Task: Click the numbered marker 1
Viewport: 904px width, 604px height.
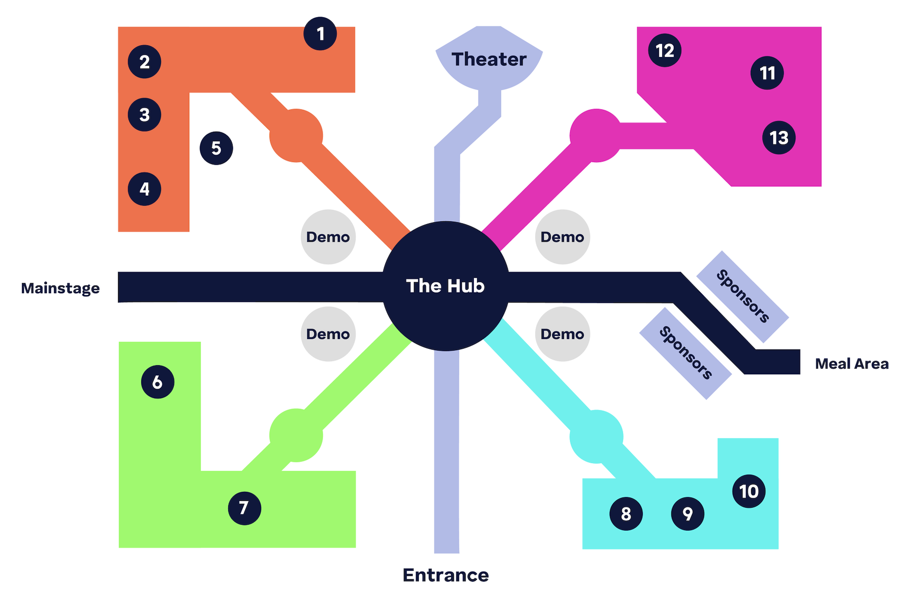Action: [320, 34]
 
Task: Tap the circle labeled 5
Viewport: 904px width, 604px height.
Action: [217, 148]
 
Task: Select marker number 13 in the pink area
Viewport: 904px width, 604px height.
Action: [779, 138]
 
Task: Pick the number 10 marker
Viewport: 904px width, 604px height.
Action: [749, 491]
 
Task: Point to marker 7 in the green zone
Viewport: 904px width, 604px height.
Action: [244, 508]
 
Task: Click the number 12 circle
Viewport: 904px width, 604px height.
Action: [665, 51]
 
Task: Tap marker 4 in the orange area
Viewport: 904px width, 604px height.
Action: [145, 189]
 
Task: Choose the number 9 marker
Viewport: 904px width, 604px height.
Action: [687, 514]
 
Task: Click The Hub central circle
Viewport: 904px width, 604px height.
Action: [446, 286]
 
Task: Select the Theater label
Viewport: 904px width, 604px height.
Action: [489, 59]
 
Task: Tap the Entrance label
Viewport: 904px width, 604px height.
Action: [446, 575]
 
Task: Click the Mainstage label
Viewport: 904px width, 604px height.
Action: [60, 288]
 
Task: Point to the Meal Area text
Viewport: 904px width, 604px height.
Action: [851, 364]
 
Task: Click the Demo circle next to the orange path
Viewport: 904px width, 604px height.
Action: [328, 237]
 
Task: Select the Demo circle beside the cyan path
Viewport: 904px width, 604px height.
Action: [562, 334]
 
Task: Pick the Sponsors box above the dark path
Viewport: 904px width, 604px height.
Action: [742, 296]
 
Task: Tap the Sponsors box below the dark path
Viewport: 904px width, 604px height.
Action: [685, 353]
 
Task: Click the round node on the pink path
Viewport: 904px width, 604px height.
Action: [596, 136]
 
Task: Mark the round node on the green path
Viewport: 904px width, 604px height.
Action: [296, 435]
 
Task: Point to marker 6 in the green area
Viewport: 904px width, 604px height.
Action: [158, 382]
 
